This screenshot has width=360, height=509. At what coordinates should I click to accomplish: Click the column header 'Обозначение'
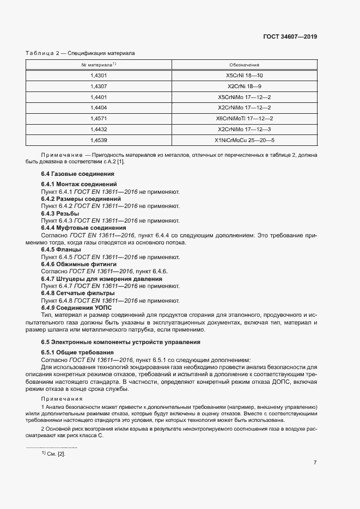[244, 64]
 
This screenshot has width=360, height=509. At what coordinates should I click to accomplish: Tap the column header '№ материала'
[99, 64]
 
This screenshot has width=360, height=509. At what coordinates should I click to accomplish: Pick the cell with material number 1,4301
[99, 75]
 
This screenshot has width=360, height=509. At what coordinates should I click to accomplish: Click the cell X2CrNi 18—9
[244, 86]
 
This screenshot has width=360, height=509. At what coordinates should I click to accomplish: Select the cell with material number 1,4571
[99, 118]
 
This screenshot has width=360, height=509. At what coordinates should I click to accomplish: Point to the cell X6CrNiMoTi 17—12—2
[244, 118]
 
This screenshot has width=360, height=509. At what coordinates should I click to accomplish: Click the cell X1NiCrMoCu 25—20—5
[244, 140]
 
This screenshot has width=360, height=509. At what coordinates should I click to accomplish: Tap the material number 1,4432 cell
[99, 129]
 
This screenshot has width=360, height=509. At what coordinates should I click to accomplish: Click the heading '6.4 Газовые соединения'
[77, 174]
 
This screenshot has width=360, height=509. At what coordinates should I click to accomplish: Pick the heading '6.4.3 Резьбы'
[60, 214]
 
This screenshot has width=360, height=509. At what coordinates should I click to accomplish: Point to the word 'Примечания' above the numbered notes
[59, 398]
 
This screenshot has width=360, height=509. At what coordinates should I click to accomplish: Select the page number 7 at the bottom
[315, 463]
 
